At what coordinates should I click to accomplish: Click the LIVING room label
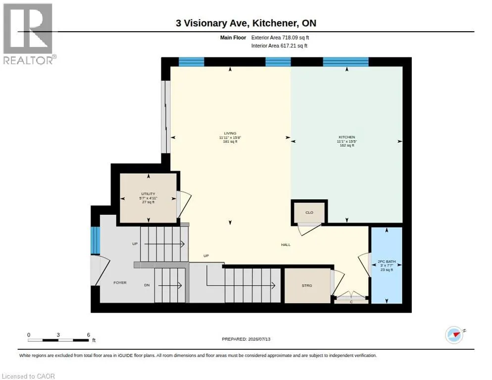point(230,134)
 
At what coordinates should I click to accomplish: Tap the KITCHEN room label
point(346,137)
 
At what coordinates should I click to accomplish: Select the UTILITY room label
point(148,194)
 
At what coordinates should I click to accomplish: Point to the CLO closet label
point(309,212)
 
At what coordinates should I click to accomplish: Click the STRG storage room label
point(307,285)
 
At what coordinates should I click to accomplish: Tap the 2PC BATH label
point(387,261)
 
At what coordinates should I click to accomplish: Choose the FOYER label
point(120,283)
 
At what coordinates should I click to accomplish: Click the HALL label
point(286,245)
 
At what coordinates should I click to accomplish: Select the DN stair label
point(147,285)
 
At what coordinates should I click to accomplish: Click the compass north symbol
point(454,335)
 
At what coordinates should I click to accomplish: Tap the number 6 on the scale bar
point(89,335)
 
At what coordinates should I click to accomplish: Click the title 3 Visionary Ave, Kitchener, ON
point(246,23)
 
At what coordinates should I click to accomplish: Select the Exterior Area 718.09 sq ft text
point(280,38)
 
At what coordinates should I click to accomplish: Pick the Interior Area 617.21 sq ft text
point(279,46)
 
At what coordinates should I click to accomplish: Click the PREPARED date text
point(246,339)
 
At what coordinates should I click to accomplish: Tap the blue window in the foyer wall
point(96,240)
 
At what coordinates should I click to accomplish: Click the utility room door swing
point(184,204)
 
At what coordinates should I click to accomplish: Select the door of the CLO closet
point(309,229)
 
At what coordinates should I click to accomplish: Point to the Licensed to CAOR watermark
point(28,376)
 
